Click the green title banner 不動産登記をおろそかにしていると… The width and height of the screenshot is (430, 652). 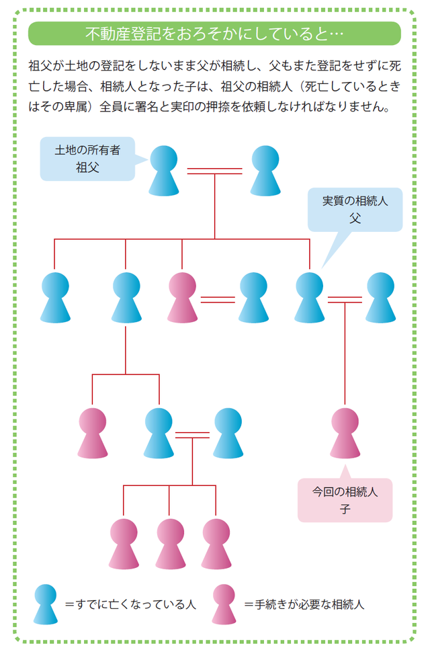pos(214,33)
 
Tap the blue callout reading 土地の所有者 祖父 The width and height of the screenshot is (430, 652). pos(87,159)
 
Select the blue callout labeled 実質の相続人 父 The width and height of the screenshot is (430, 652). pos(355,209)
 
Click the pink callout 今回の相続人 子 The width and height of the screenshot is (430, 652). pos(345,500)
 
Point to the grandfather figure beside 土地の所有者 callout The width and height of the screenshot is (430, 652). pos(165,171)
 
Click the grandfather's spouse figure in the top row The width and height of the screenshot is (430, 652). pos(265,171)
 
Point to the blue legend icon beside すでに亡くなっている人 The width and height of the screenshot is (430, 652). pos(46,603)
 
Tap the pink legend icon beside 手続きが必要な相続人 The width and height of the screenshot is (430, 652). pos(224,603)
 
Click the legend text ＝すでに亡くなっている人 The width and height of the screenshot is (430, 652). pos(130,604)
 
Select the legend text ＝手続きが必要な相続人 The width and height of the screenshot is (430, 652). pos(304,604)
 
